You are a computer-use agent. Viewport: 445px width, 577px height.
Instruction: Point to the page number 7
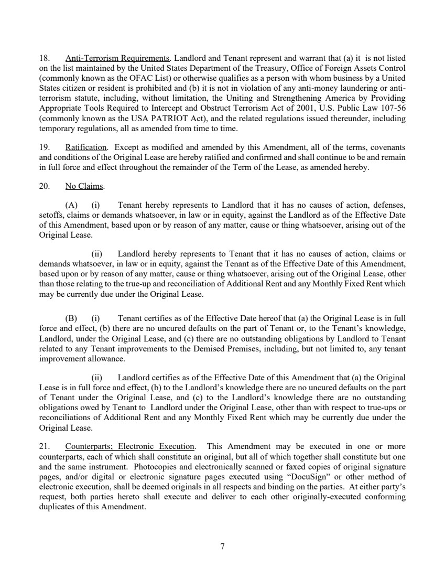[222, 547]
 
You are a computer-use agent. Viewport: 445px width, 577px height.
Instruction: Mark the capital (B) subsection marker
[71, 319]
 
